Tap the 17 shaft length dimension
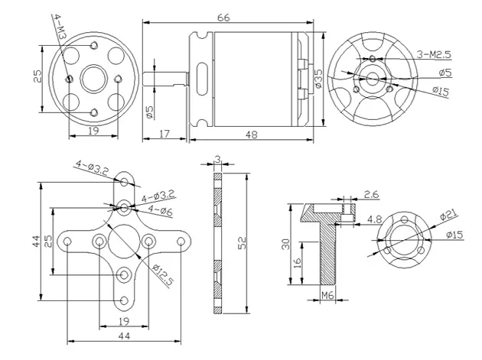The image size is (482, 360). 164,134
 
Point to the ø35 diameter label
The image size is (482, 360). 318,76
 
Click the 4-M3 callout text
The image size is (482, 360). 61,27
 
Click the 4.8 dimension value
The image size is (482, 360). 374,220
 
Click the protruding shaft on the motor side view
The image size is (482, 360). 170,79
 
